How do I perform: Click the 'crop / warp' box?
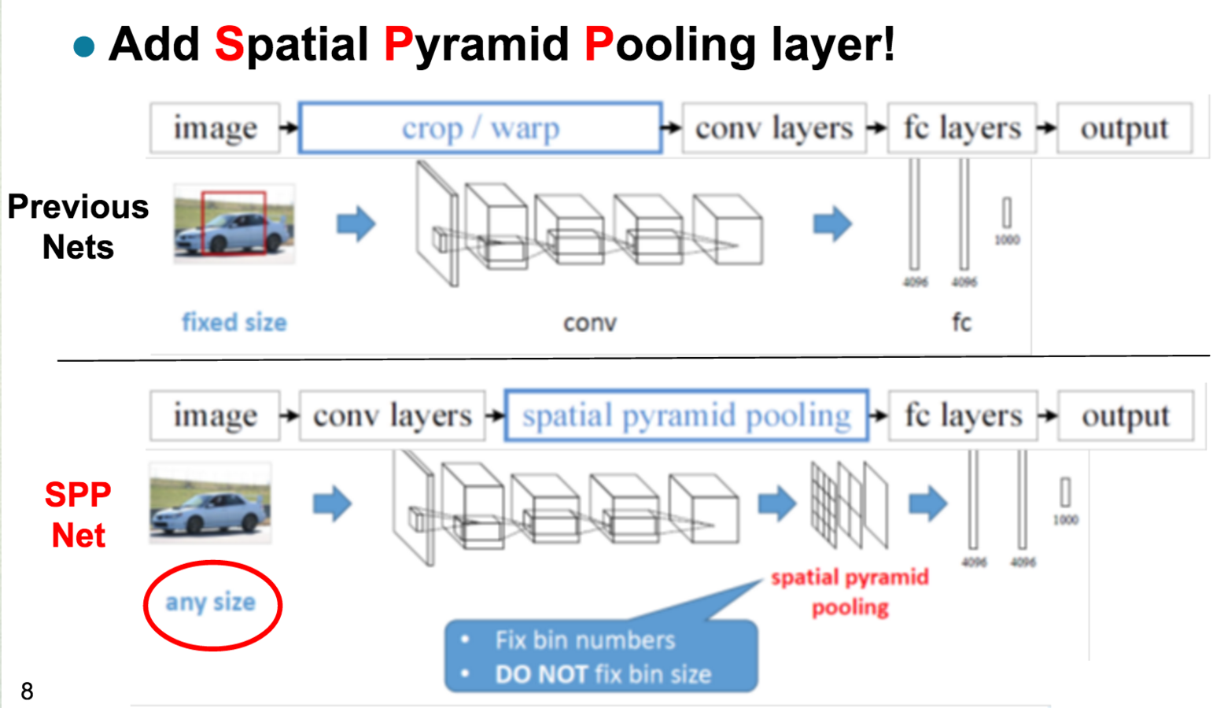480,127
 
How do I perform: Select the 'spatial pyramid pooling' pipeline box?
686,415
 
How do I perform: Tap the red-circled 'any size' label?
211,603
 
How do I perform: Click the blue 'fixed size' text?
234,323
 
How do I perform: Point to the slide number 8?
27,691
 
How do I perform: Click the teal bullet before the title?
83,46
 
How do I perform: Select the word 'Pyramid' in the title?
476,44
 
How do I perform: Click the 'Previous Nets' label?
77,227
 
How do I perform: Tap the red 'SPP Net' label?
78,515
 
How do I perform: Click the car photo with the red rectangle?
234,223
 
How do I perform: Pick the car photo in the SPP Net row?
210,503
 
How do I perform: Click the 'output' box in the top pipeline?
1124,127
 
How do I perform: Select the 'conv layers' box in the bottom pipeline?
392,415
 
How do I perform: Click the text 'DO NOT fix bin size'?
603,674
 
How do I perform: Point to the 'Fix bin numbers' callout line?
584,640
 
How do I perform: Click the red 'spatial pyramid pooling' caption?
850,592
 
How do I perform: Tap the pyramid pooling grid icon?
849,504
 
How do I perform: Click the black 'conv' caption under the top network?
589,323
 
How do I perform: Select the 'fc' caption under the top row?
961,323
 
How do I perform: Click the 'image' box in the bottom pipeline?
215,415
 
